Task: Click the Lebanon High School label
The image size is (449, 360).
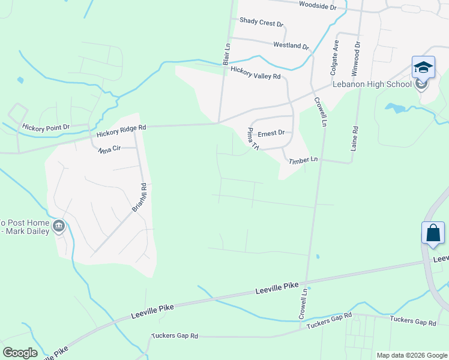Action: (x=373, y=84)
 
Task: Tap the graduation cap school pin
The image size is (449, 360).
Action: (x=423, y=68)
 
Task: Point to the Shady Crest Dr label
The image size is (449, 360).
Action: (x=261, y=22)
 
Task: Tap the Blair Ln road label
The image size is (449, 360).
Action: (x=227, y=53)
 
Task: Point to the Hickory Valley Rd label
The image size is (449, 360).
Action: (x=255, y=73)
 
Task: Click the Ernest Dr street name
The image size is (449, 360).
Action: (x=271, y=133)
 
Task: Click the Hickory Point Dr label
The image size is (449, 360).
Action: (x=46, y=127)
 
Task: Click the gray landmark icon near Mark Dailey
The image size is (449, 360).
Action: (x=59, y=226)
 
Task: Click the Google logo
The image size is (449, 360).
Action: (x=19, y=353)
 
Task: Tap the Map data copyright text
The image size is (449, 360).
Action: (x=412, y=355)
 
